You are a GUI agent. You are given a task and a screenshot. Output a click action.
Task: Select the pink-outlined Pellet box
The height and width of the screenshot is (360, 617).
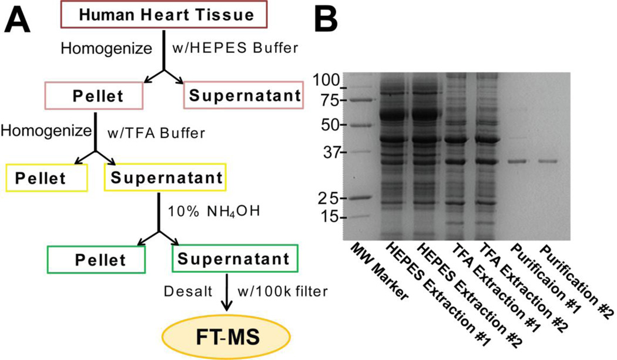point(94,95)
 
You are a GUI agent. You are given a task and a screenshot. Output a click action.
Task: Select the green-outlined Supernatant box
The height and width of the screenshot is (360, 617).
point(234,259)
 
